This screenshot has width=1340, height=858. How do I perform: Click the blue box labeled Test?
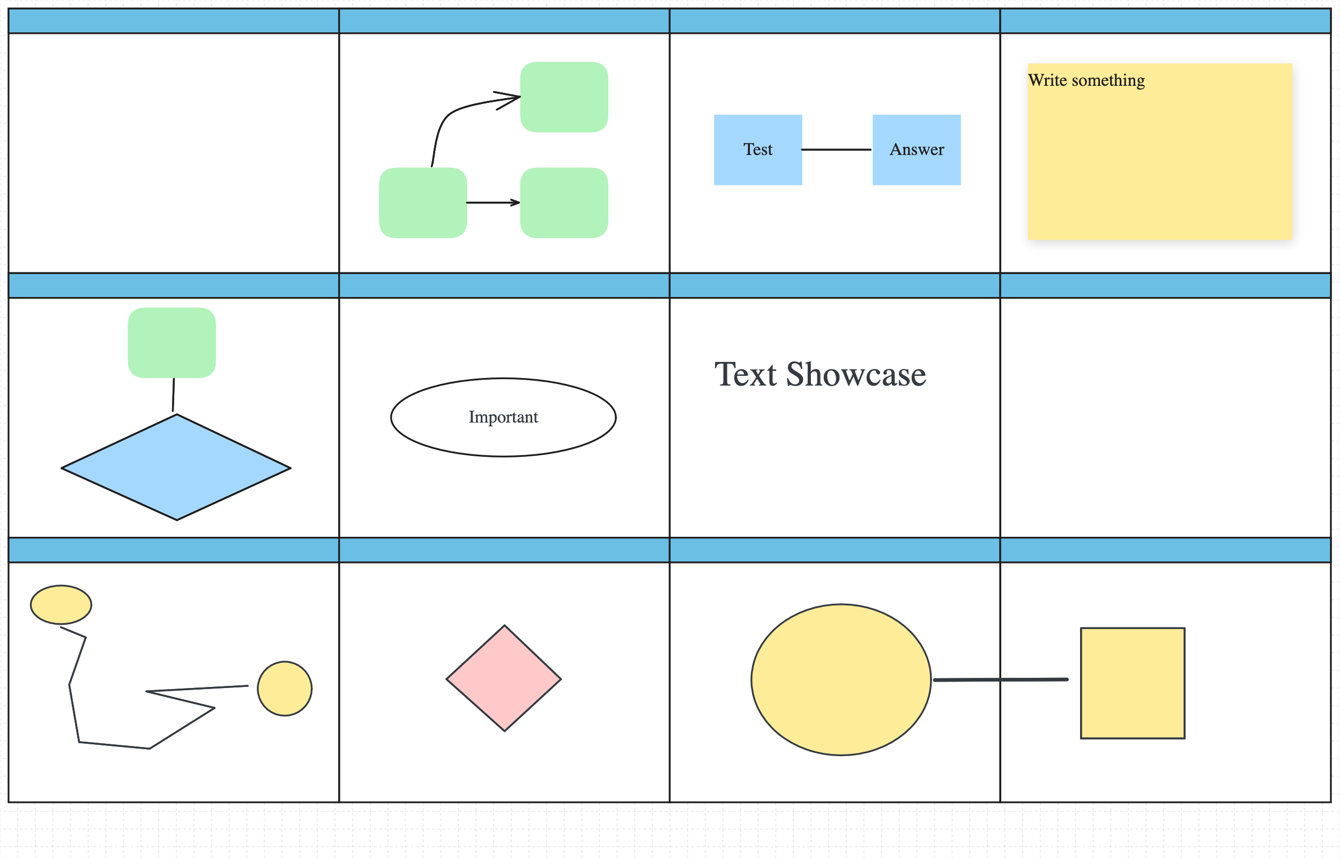tap(758, 149)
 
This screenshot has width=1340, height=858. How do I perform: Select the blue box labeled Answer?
tap(917, 149)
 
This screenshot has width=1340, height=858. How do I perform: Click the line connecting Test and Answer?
tap(836, 149)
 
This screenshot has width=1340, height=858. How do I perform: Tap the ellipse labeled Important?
tap(503, 417)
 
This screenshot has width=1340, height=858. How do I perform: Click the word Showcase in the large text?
tap(855, 374)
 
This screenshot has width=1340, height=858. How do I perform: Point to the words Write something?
tap(1086, 80)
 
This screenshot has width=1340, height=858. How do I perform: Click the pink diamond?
tap(504, 678)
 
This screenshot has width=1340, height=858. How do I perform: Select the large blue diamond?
tap(176, 468)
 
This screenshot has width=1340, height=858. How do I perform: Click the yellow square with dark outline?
tap(1133, 683)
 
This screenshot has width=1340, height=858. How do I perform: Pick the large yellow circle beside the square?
tap(840, 680)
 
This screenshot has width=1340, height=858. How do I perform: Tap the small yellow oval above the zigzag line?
tap(61, 604)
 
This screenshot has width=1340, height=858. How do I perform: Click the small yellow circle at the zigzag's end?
tap(285, 689)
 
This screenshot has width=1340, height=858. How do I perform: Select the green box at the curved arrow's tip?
tap(564, 97)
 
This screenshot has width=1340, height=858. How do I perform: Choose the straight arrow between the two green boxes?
tap(493, 203)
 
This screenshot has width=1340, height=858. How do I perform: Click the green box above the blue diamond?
tap(172, 343)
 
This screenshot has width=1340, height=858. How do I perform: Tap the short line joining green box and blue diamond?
tap(173, 395)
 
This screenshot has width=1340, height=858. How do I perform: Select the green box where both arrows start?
tap(422, 203)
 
